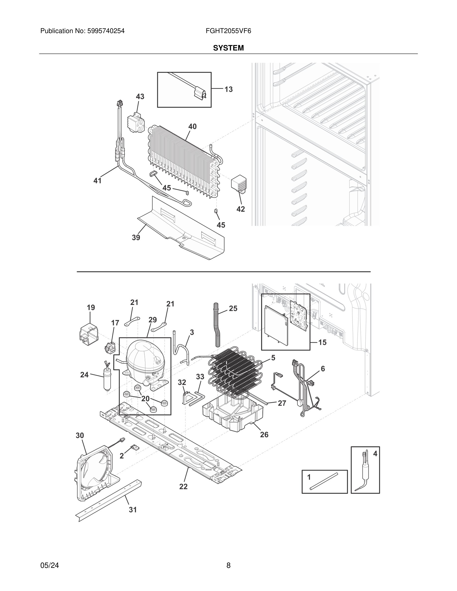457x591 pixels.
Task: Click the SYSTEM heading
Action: tap(228, 48)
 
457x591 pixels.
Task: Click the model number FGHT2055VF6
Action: tap(228, 31)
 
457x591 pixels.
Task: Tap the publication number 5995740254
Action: tap(106, 31)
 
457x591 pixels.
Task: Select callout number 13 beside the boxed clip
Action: tap(228, 89)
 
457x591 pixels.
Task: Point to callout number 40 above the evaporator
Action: tap(192, 126)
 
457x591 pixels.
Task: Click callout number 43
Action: tap(140, 97)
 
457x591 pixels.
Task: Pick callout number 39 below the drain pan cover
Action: tap(136, 237)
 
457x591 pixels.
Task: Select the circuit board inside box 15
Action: tap(299, 316)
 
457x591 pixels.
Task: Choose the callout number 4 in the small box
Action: tap(375, 454)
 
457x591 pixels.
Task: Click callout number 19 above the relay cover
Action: tap(91, 307)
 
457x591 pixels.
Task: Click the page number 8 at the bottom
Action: tap(228, 565)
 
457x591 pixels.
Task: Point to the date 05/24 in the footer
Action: tap(50, 565)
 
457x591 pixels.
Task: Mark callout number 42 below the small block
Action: tap(240, 209)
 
